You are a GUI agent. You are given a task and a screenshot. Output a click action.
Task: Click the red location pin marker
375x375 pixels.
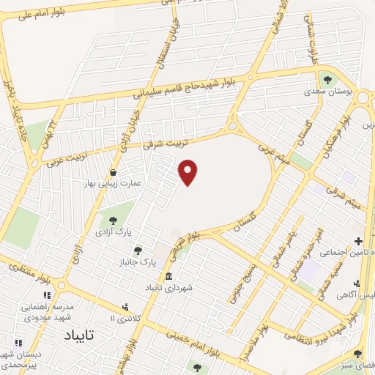(x=189, y=172)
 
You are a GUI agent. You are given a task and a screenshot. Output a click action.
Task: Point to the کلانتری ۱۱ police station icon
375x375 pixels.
(x=125, y=307)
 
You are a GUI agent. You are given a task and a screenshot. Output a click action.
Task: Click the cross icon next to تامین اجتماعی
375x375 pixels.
(x=358, y=241)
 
